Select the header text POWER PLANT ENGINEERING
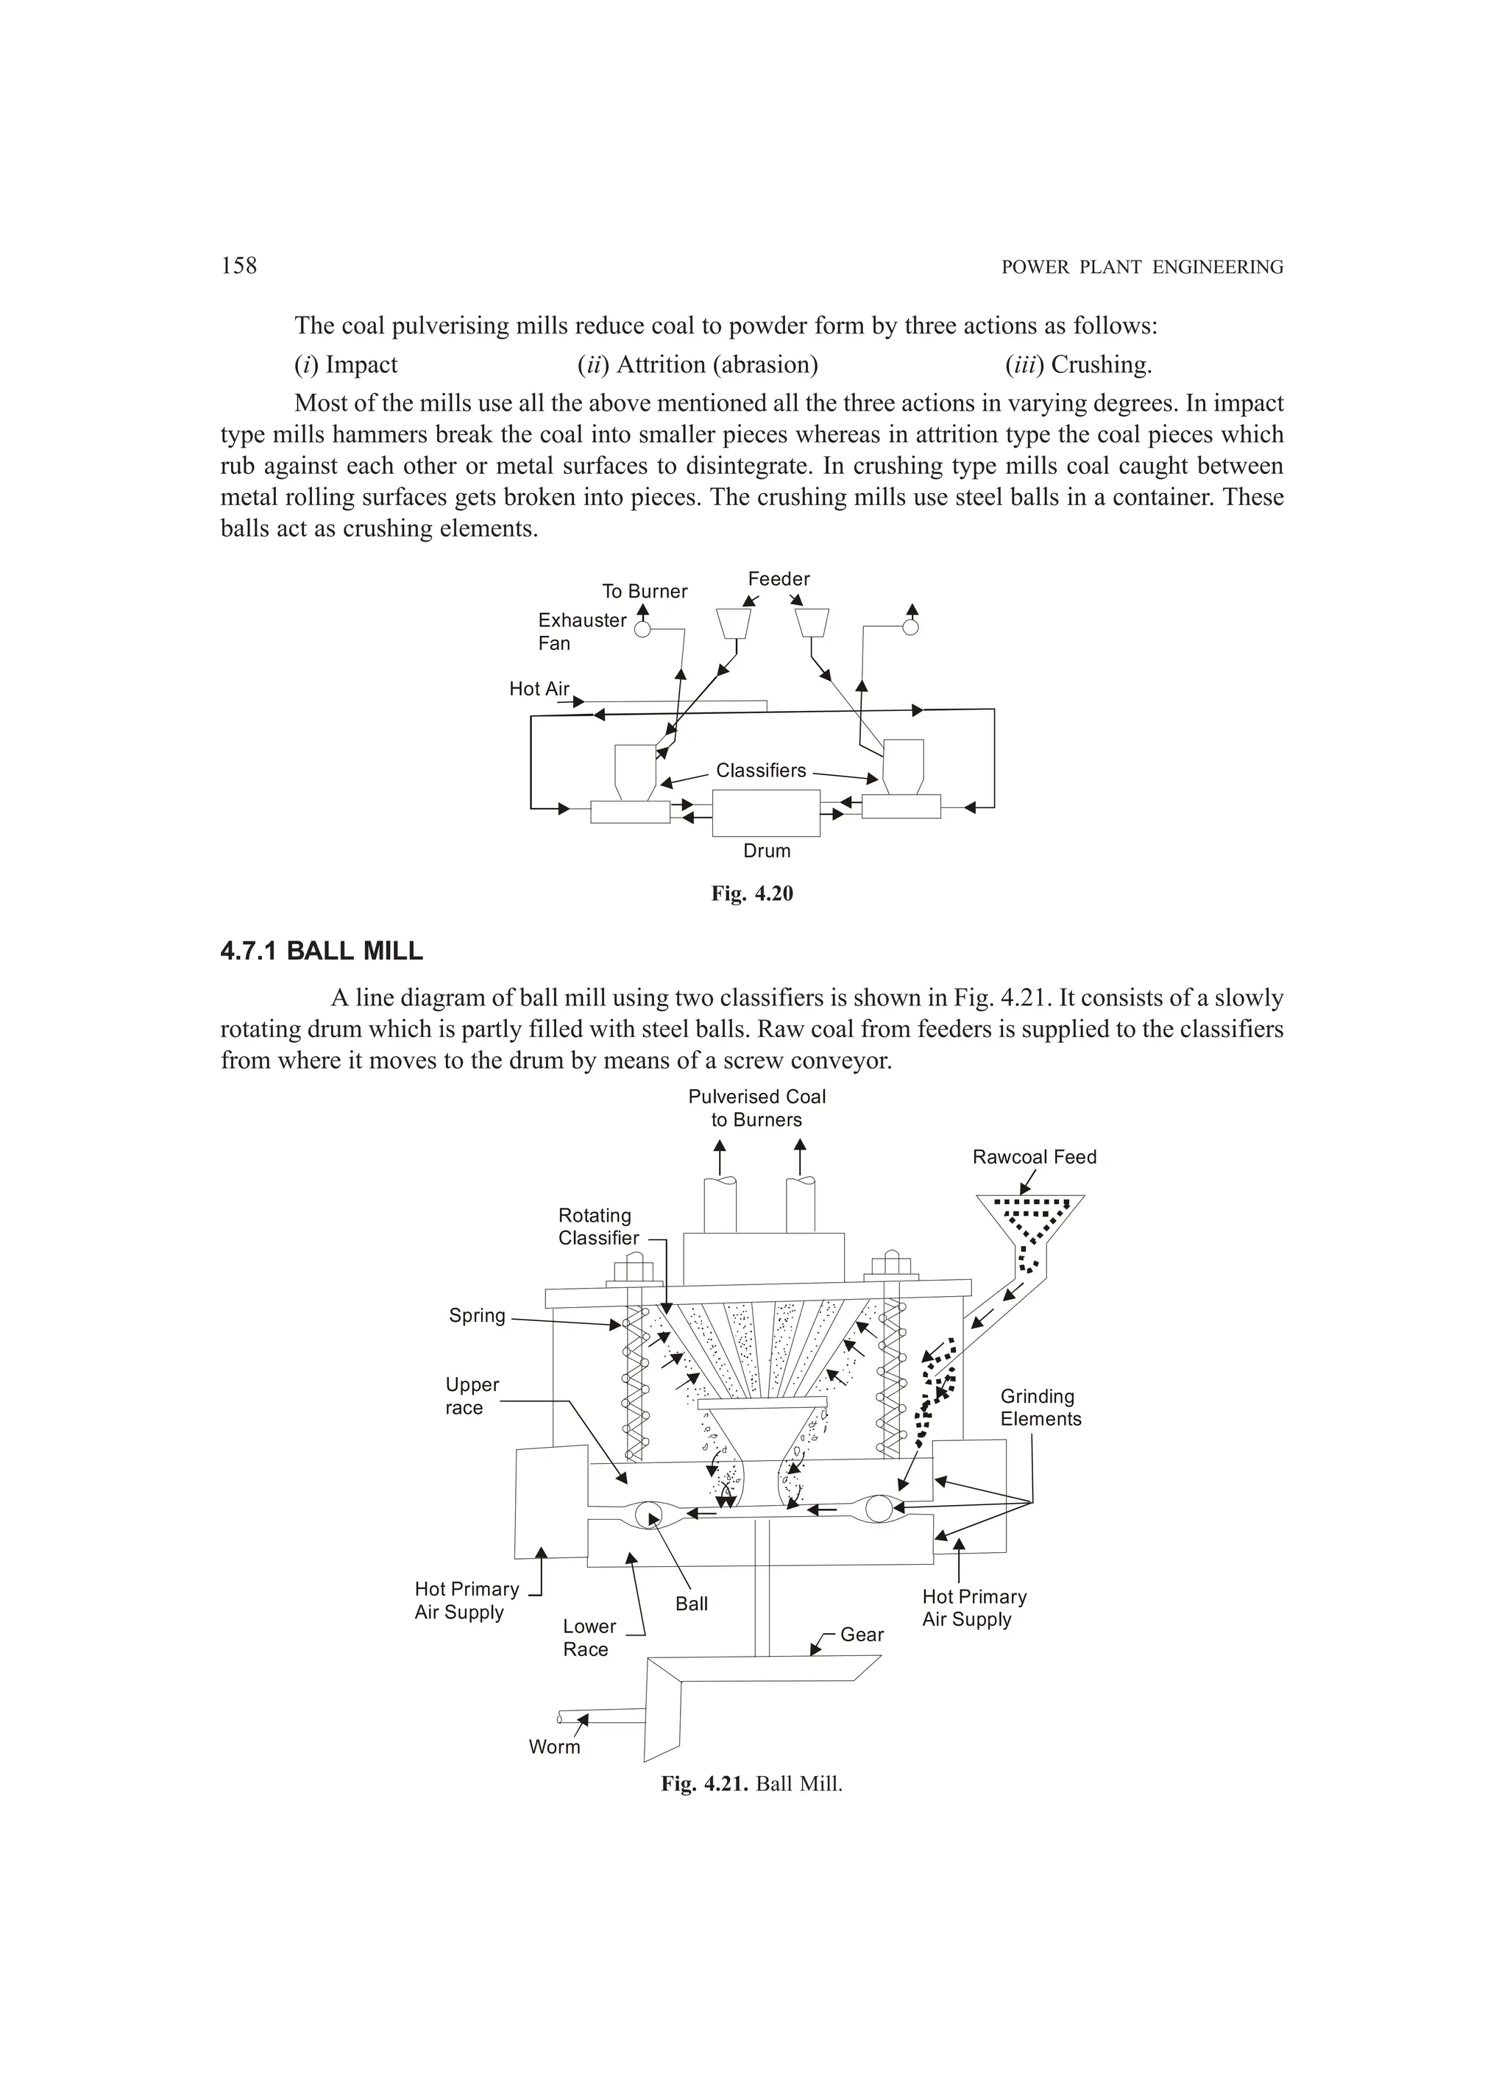tap(1142, 267)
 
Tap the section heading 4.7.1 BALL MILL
tap(321, 951)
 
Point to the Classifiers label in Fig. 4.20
tap(761, 770)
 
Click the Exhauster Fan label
tap(581, 631)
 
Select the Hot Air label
tap(539, 689)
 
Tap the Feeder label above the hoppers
tap(779, 579)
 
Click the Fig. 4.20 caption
tap(752, 893)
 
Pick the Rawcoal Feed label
tap(1035, 1157)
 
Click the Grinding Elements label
tap(1040, 1407)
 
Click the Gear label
tap(862, 1634)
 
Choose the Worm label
tap(554, 1746)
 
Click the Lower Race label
tap(589, 1638)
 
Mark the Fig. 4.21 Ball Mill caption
tap(752, 1783)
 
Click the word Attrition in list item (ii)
tap(661, 365)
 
